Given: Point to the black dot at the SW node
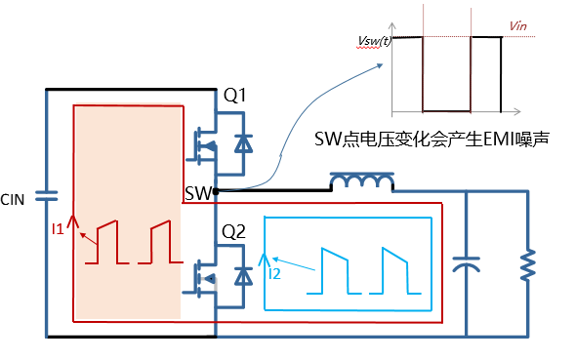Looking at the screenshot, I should pyautogui.click(x=216, y=190).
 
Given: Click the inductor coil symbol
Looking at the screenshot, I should pyautogui.click(x=362, y=181).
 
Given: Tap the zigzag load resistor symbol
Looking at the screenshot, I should pyautogui.click(x=528, y=264).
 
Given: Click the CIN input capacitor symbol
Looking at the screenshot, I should pyautogui.click(x=46, y=196).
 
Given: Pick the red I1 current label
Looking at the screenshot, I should pyautogui.click(x=58, y=229).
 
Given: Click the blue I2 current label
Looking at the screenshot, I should pyautogui.click(x=274, y=274).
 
